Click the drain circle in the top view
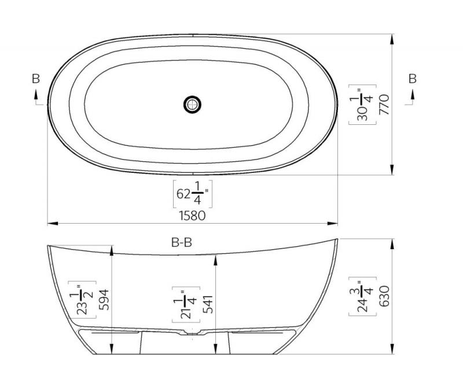point(193,104)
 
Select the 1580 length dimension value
point(192,216)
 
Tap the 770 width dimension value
point(384,105)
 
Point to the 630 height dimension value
point(384,296)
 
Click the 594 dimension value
point(104,300)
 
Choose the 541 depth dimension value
point(208,304)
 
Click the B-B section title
point(182,243)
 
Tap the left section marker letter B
point(36,79)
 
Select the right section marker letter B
point(413,79)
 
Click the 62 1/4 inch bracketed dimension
point(193,194)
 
